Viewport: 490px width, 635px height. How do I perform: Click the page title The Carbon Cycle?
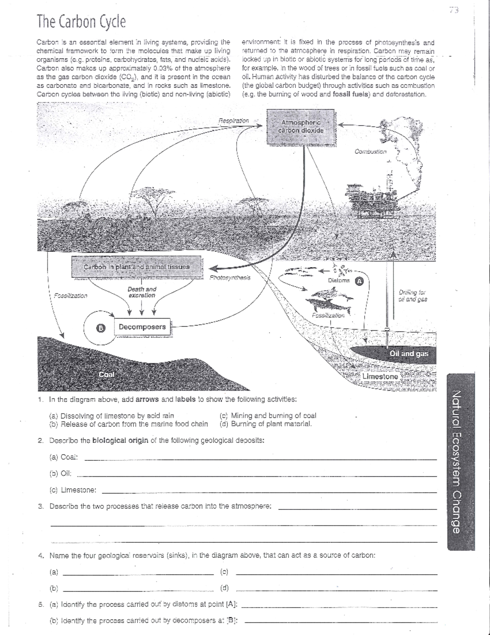point(81,22)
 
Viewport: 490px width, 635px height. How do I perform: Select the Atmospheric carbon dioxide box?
point(301,127)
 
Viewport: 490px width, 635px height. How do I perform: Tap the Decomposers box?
point(142,327)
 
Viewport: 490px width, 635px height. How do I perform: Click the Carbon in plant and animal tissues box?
point(136,267)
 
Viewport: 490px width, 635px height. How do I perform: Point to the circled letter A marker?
point(359,281)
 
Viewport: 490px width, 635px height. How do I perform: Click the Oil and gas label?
point(409,354)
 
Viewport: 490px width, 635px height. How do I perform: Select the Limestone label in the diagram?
point(380,376)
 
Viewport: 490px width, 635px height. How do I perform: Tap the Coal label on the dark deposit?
point(107,375)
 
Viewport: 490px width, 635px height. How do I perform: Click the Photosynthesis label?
point(230,278)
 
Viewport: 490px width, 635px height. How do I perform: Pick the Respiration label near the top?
point(234,121)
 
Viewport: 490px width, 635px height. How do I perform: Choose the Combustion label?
point(370,152)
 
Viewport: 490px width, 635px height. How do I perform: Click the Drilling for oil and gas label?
point(412,296)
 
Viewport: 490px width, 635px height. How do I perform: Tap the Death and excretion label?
point(142,292)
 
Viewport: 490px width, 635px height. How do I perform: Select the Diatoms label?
point(339,280)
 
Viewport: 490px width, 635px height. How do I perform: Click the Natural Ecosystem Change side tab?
point(461,462)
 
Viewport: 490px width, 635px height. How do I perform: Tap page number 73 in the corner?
point(454,11)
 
